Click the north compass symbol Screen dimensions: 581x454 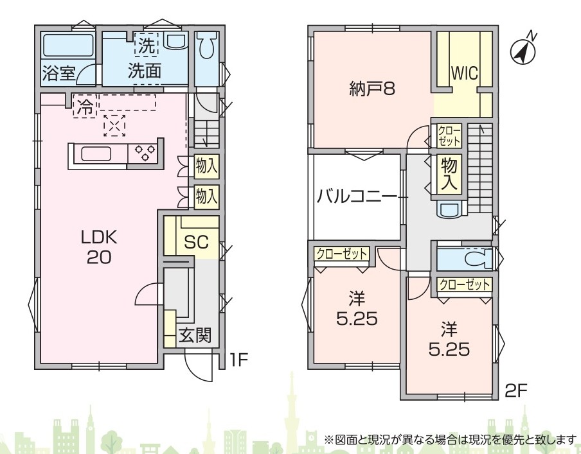click(524, 52)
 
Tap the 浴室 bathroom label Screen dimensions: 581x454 click(59, 73)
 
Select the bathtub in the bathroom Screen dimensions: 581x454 click(68, 46)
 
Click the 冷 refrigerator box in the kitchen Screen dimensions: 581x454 click(85, 107)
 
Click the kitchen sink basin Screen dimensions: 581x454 click(96, 153)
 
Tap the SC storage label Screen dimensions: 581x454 click(196, 242)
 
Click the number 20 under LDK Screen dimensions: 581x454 click(99, 257)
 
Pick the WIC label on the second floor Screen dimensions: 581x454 click(464, 73)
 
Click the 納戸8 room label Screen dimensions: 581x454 click(371, 89)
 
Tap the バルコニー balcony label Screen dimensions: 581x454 click(356, 196)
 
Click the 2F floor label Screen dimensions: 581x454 click(516, 390)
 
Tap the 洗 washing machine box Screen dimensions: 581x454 click(147, 45)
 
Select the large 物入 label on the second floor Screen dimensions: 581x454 click(449, 174)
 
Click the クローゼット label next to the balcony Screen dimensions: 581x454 click(341, 254)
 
